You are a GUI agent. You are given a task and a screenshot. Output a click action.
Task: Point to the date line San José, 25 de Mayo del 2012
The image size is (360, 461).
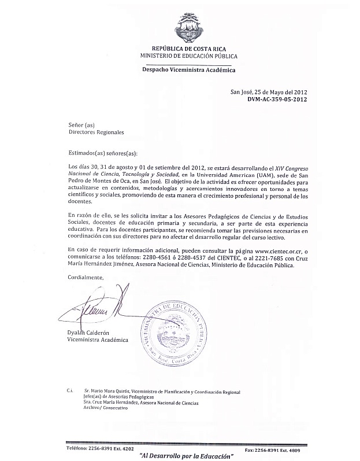tap(268, 91)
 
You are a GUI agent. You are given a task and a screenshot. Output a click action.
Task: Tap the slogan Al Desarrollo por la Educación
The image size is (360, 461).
tap(183, 456)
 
